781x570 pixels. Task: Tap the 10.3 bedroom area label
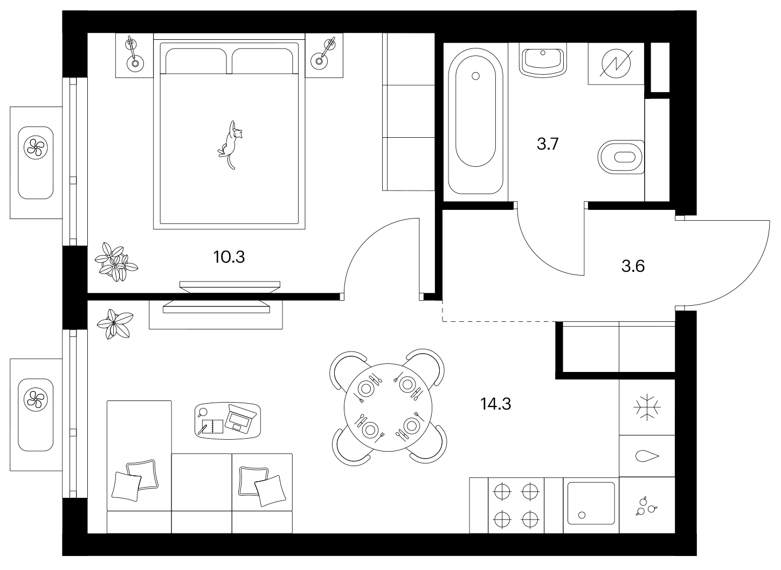coord(229,257)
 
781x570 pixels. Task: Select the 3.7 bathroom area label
coord(548,144)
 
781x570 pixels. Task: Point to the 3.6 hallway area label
coord(633,266)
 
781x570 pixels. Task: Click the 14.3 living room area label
coord(495,404)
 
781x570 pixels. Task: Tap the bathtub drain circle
coord(475,76)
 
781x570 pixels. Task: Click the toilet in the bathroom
coord(620,157)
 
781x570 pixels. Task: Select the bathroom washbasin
coord(543,60)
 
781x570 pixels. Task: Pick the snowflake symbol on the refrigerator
coord(647,407)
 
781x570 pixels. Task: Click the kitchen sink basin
coord(591,503)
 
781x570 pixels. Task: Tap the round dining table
coord(388,407)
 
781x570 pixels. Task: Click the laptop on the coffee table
coord(239,419)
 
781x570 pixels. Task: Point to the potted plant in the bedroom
coord(116,262)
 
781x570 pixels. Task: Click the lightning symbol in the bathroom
coord(616,64)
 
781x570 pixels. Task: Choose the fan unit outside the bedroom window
coord(36,147)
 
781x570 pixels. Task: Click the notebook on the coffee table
coord(211,426)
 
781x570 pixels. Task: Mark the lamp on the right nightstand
coord(324,53)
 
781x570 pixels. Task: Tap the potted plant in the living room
coord(115,324)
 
